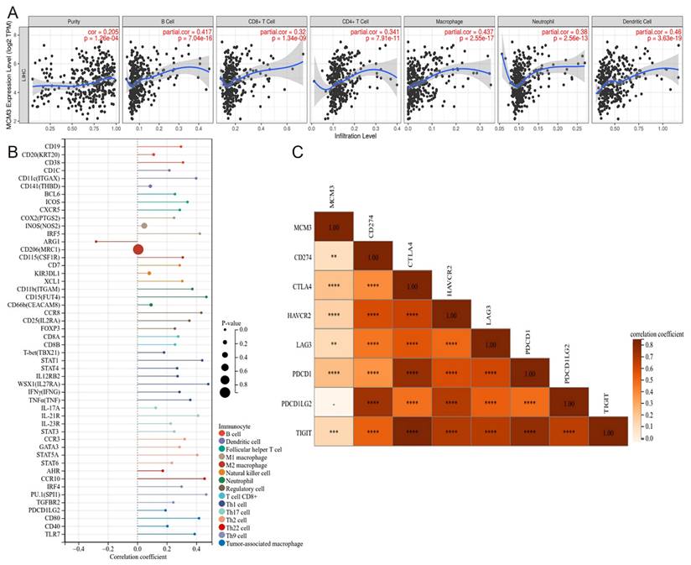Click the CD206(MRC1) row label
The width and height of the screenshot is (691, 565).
(x=39, y=249)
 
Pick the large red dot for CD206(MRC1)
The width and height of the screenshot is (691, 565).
(x=138, y=249)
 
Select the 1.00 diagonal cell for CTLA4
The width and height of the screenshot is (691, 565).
(x=412, y=286)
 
